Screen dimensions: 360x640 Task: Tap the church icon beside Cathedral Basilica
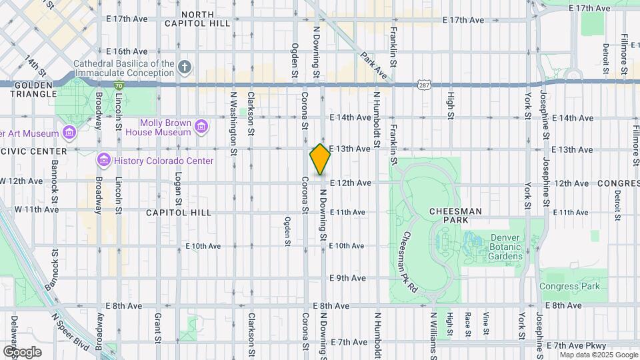185,67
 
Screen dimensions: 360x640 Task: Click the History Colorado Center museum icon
103,160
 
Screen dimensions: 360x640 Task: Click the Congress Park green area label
569,287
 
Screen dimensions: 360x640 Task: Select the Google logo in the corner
22,351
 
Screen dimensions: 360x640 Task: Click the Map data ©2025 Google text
599,355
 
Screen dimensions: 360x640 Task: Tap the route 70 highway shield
118,86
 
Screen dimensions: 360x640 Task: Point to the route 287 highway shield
424,85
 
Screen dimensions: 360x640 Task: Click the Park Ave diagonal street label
373,61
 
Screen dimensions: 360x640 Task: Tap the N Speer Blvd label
71,334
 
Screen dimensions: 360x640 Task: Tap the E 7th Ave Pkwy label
576,345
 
